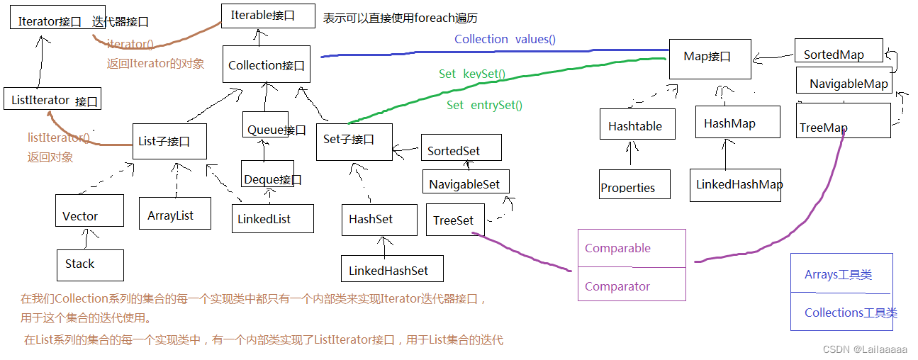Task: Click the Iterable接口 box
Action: pyautogui.click(x=268, y=16)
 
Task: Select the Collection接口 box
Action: pyautogui.click(x=266, y=66)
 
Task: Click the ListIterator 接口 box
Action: pyautogui.click(x=52, y=100)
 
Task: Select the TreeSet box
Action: pyautogui.click(x=454, y=220)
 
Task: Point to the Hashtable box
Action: pyautogui.click(x=636, y=125)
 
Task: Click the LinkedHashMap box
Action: pyautogui.click(x=735, y=184)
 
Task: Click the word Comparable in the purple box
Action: pyautogui.click(x=617, y=248)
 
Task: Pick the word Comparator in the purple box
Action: pyautogui.click(x=617, y=286)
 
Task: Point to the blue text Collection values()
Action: pyautogui.click(x=505, y=40)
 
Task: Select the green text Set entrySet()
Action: pyautogui.click(x=484, y=105)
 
